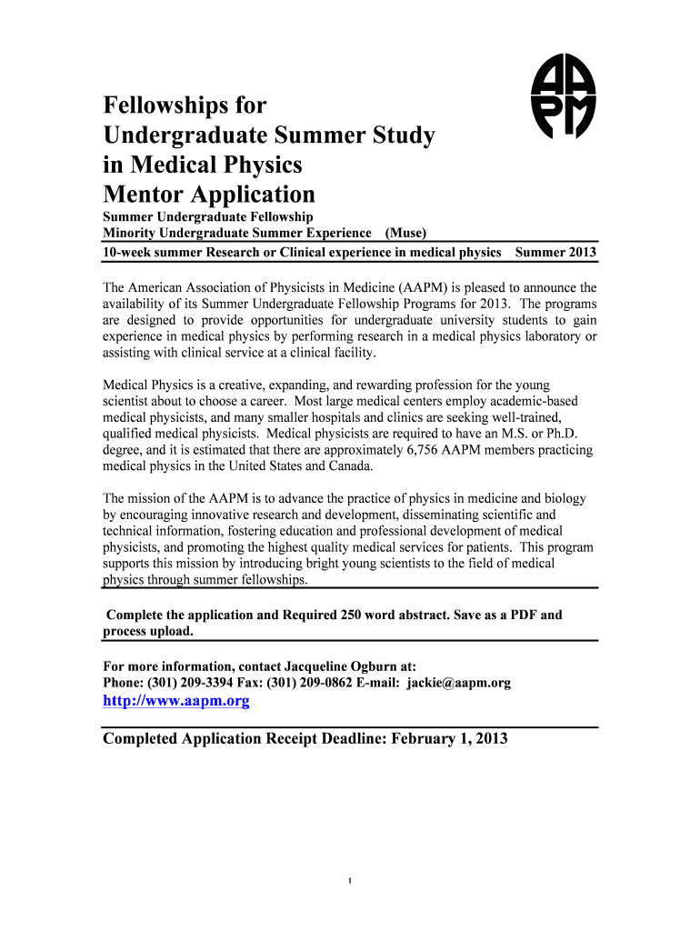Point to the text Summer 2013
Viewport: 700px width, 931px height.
[555, 251]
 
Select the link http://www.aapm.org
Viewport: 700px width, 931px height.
[176, 701]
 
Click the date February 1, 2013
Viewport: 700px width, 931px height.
[449, 739]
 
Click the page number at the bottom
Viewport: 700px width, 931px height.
[350, 881]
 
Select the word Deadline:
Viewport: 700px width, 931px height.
[350, 739]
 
